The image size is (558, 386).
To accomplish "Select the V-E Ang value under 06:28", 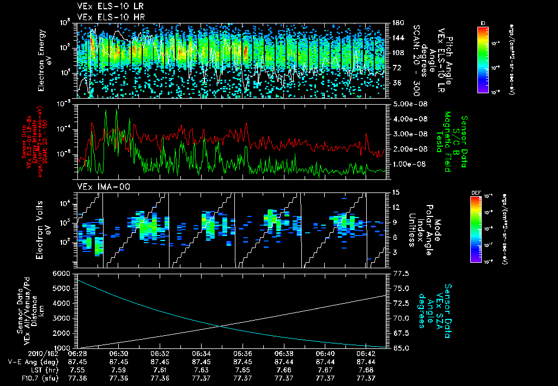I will (x=77, y=362).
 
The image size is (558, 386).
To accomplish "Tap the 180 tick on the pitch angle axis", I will (x=397, y=23).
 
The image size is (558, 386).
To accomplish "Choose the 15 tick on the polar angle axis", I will (x=395, y=192).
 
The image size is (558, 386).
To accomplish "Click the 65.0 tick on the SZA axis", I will (x=398, y=347).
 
